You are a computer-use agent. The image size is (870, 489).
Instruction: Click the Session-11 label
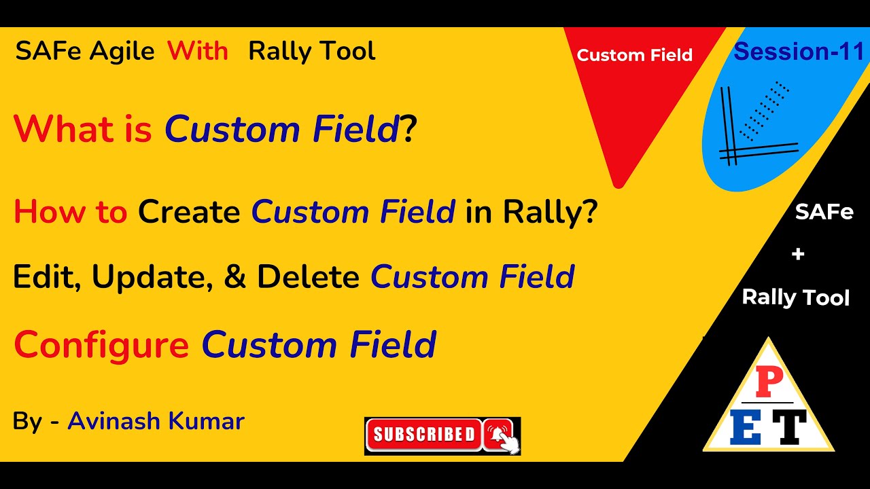coord(799,52)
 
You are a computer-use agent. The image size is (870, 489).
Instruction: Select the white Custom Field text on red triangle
coord(634,56)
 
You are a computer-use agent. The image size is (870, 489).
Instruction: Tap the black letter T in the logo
coord(789,427)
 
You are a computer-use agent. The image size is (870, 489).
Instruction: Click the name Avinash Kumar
coord(156,422)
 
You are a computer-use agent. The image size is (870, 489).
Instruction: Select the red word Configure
coord(101,344)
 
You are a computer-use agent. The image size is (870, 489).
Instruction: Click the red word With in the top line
coord(198,51)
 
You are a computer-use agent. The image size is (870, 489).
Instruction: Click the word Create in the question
coord(189,213)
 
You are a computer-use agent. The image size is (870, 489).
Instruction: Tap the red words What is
coord(82,129)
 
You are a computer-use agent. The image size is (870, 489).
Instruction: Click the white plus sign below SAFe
coord(798,255)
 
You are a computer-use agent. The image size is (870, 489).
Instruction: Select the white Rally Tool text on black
coord(795,297)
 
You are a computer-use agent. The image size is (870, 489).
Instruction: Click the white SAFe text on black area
coord(824,213)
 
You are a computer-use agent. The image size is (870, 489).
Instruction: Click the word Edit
coord(43,276)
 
